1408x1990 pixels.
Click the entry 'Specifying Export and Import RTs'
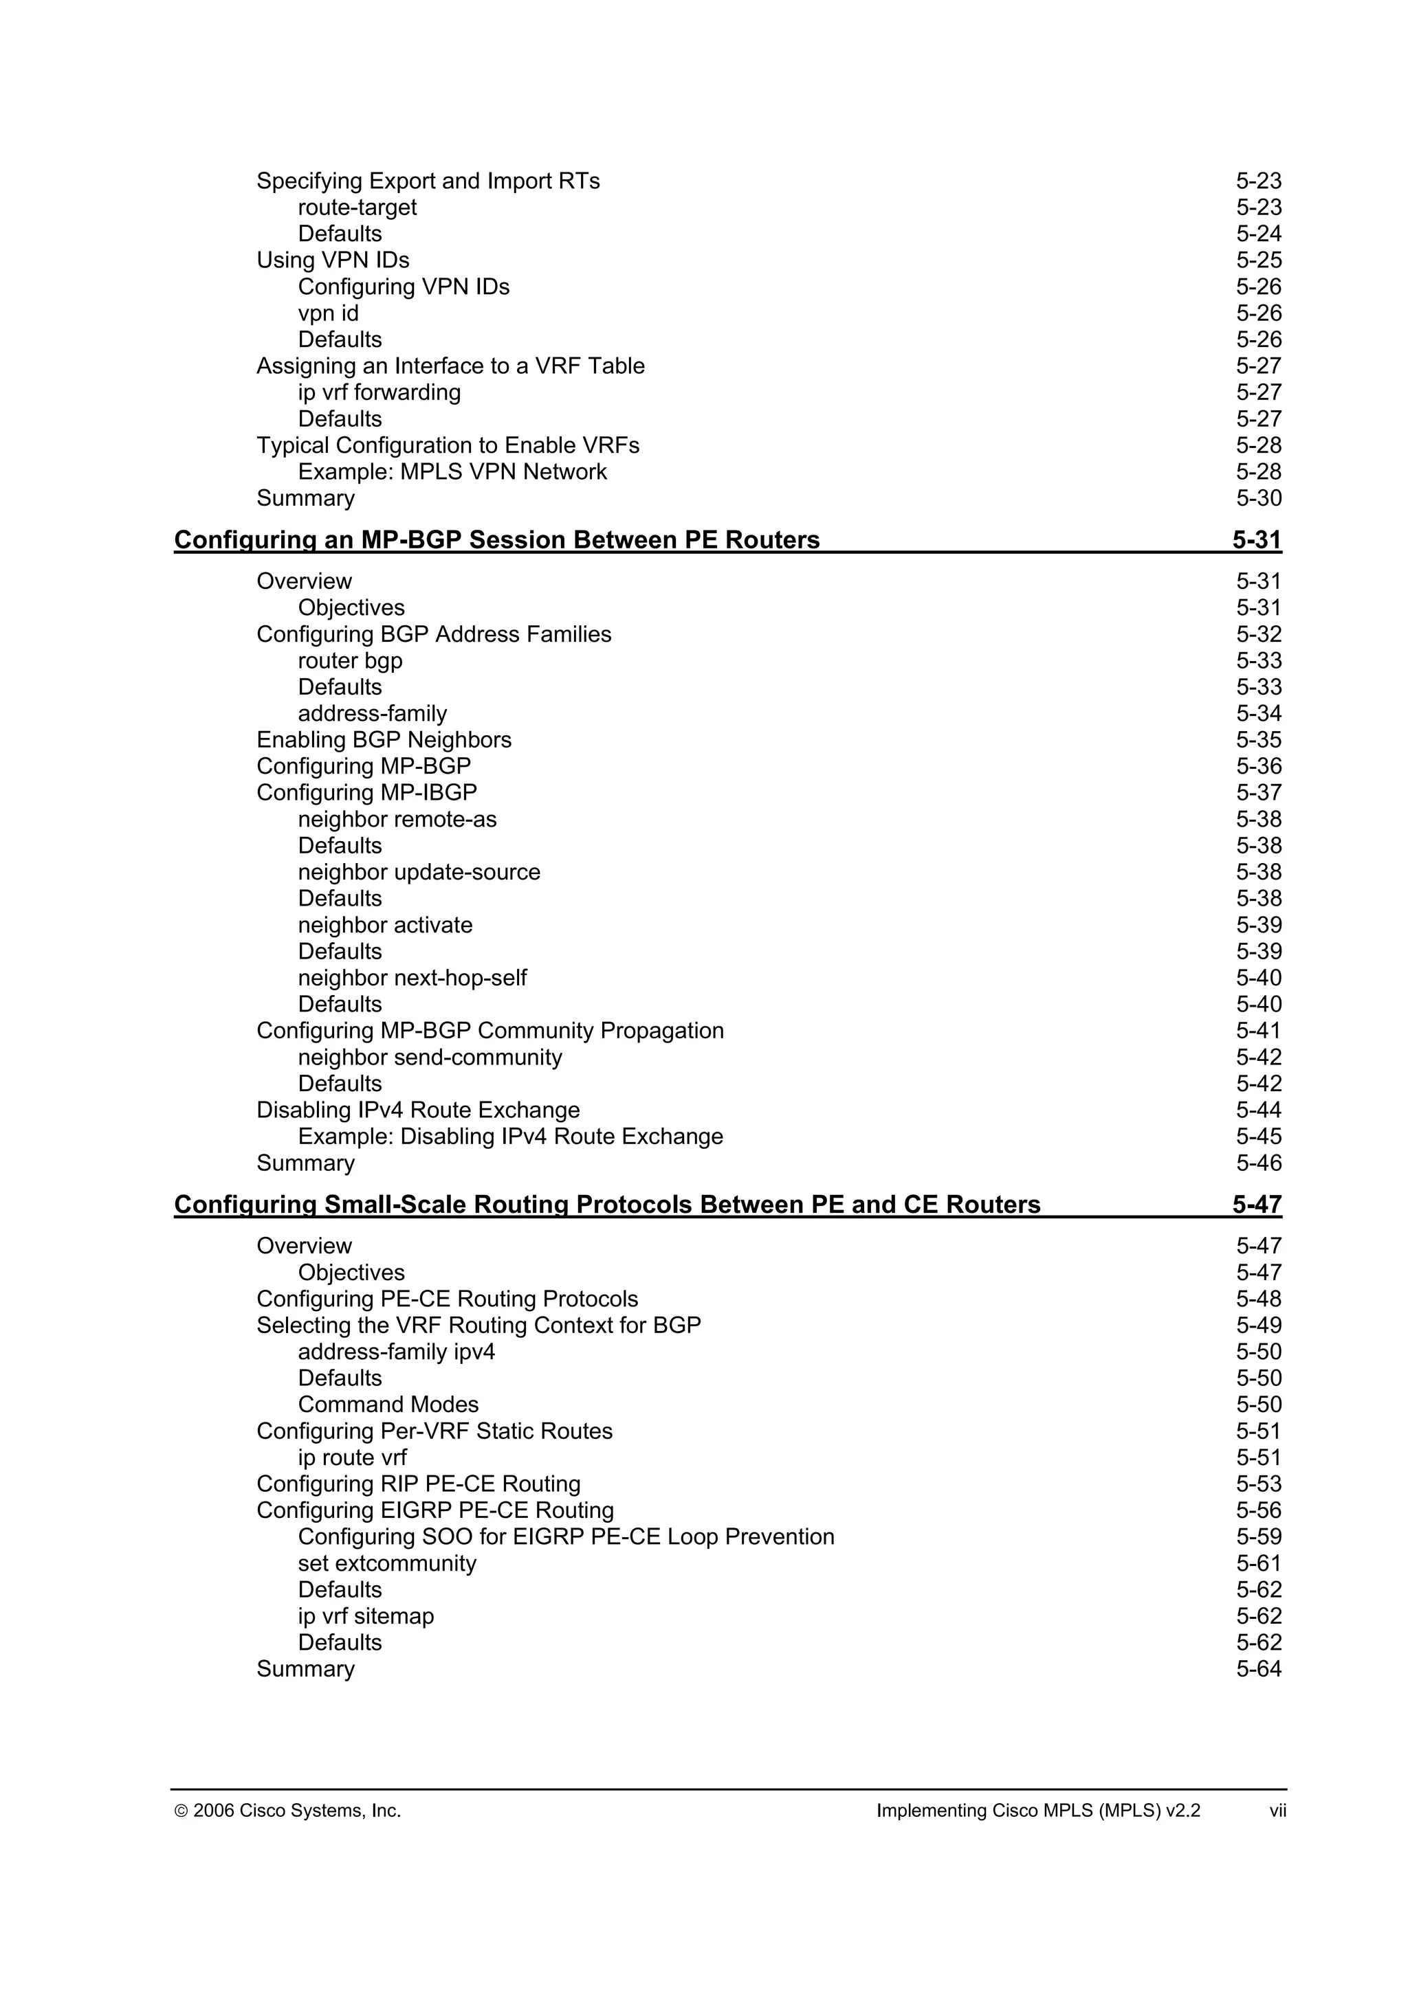[x=428, y=181]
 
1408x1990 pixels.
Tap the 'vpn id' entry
[x=328, y=314]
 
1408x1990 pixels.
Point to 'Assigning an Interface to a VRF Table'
[x=450, y=367]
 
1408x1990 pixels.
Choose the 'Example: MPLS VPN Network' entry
[x=452, y=472]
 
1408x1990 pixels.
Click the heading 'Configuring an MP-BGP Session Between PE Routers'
[x=497, y=540]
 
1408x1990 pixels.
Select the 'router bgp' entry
[x=350, y=661]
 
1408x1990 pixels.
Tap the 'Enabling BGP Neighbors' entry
[x=383, y=740]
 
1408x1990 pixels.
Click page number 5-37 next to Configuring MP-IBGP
[x=1258, y=793]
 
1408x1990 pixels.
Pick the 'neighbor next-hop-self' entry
[x=412, y=979]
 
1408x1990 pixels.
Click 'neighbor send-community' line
[x=430, y=1058]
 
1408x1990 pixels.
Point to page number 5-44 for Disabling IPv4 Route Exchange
[x=1258, y=1110]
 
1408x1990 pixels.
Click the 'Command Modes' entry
[x=388, y=1405]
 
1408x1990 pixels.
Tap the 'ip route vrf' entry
[x=352, y=1458]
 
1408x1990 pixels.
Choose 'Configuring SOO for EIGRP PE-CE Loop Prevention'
[x=565, y=1536]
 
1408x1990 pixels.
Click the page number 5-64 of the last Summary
[x=1258, y=1669]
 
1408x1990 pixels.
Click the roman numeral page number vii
[x=1277, y=1811]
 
